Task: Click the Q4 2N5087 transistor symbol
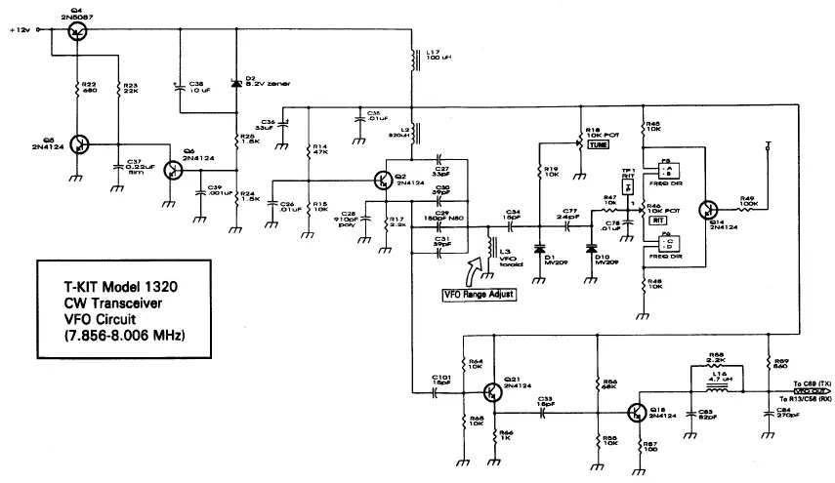point(77,31)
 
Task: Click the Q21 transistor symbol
point(492,391)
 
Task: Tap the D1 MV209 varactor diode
point(539,248)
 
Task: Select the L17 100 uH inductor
point(413,60)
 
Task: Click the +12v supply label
point(19,30)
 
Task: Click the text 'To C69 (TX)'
point(809,383)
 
